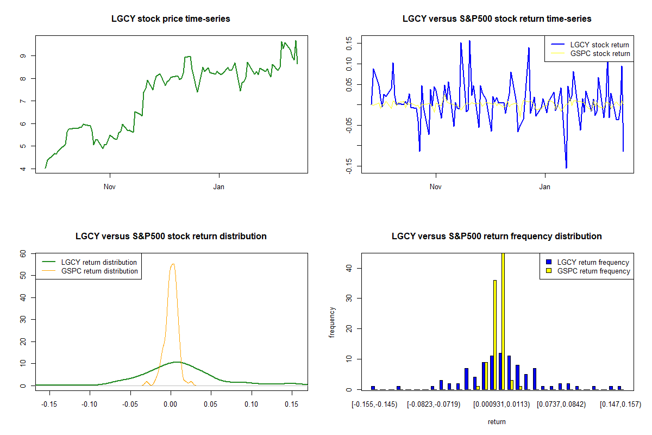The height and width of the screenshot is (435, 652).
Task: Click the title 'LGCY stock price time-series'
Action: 171,19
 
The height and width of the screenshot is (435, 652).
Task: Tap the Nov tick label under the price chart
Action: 110,187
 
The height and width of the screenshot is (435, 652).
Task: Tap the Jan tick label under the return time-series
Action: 545,187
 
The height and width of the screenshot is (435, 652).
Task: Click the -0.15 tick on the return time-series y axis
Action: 349,166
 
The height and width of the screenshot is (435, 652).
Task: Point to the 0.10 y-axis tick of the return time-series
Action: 349,64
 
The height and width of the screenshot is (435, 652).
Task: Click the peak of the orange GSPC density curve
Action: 173,264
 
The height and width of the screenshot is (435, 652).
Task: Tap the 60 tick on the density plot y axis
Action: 23,253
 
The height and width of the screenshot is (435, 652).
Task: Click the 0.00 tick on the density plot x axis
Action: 171,404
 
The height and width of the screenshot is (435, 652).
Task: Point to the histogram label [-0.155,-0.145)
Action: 374,404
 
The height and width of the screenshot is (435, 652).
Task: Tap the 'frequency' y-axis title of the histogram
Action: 333,322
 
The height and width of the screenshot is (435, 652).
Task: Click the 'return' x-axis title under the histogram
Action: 497,421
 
